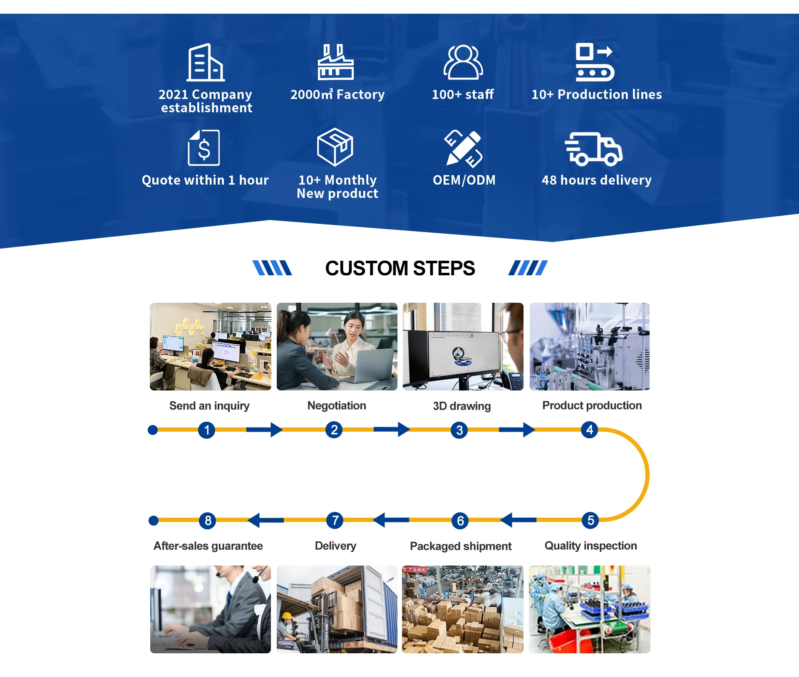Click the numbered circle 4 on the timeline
(x=589, y=430)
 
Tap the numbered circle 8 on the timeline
(x=208, y=520)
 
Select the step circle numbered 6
(x=460, y=521)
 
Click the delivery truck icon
(x=593, y=149)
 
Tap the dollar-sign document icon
(x=203, y=148)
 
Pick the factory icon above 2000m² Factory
(x=335, y=62)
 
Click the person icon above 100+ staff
(x=463, y=62)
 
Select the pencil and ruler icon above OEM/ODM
(x=463, y=148)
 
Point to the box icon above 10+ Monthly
(x=335, y=147)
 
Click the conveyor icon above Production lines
(x=595, y=62)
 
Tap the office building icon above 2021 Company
(x=205, y=62)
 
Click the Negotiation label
(x=337, y=405)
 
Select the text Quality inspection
(x=591, y=546)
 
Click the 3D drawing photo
(x=463, y=346)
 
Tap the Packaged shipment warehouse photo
(x=462, y=609)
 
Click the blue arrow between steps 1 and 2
(x=264, y=430)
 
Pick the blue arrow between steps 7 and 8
(x=266, y=520)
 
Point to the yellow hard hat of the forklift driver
(x=287, y=615)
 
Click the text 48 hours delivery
(x=596, y=180)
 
